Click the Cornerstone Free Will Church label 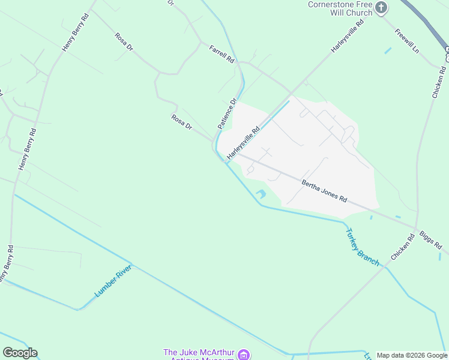pyautogui.click(x=340, y=8)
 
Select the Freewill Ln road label pyautogui.click(x=407, y=40)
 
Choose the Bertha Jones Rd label pyautogui.click(x=324, y=190)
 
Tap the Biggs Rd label pyautogui.click(x=430, y=238)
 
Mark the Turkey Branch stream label pyautogui.click(x=361, y=246)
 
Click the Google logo pyautogui.click(x=20, y=353)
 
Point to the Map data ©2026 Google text pyautogui.click(x=412, y=355)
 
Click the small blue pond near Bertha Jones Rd pyautogui.click(x=261, y=194)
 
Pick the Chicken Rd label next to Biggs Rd pyautogui.click(x=403, y=247)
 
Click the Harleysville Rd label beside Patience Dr pyautogui.click(x=243, y=142)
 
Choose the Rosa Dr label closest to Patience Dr pyautogui.click(x=181, y=122)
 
